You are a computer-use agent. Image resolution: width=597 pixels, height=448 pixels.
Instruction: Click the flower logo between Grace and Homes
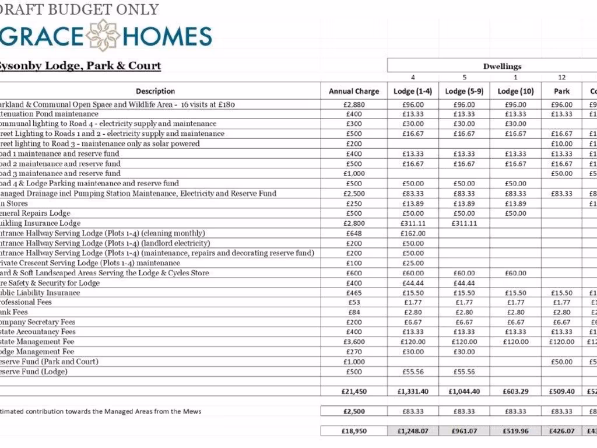103,35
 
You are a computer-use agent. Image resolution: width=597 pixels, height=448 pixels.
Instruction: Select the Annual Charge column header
354,91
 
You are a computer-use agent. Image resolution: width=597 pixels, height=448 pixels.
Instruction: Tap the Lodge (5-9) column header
463,91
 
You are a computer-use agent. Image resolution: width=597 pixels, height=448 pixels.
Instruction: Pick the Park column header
562,91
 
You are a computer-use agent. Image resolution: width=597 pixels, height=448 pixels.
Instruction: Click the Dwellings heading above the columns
502,66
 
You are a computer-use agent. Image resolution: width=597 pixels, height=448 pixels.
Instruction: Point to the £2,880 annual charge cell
354,105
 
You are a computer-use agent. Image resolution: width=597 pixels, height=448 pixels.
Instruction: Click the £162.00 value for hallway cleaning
413,233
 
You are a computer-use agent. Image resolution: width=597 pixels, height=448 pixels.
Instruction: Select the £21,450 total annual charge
354,391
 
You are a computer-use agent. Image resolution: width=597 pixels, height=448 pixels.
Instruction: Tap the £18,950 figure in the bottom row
354,431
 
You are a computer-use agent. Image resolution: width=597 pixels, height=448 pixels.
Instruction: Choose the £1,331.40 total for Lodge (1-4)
413,391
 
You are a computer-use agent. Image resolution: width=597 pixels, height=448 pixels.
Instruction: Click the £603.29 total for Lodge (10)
515,391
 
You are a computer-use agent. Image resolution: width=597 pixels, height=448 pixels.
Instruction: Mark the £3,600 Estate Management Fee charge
354,342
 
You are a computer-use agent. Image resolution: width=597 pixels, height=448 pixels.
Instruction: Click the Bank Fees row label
14,312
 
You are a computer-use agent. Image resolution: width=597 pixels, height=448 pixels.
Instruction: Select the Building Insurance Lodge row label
40,223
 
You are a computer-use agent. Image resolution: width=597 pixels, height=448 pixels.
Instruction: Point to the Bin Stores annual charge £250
354,204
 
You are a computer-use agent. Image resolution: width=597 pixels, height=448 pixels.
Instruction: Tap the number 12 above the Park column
562,78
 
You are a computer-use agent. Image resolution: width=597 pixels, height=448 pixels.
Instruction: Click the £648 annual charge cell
354,233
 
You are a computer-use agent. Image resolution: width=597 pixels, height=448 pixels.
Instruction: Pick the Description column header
155,91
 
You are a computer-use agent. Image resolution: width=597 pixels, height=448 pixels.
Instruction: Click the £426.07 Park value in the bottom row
562,431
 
